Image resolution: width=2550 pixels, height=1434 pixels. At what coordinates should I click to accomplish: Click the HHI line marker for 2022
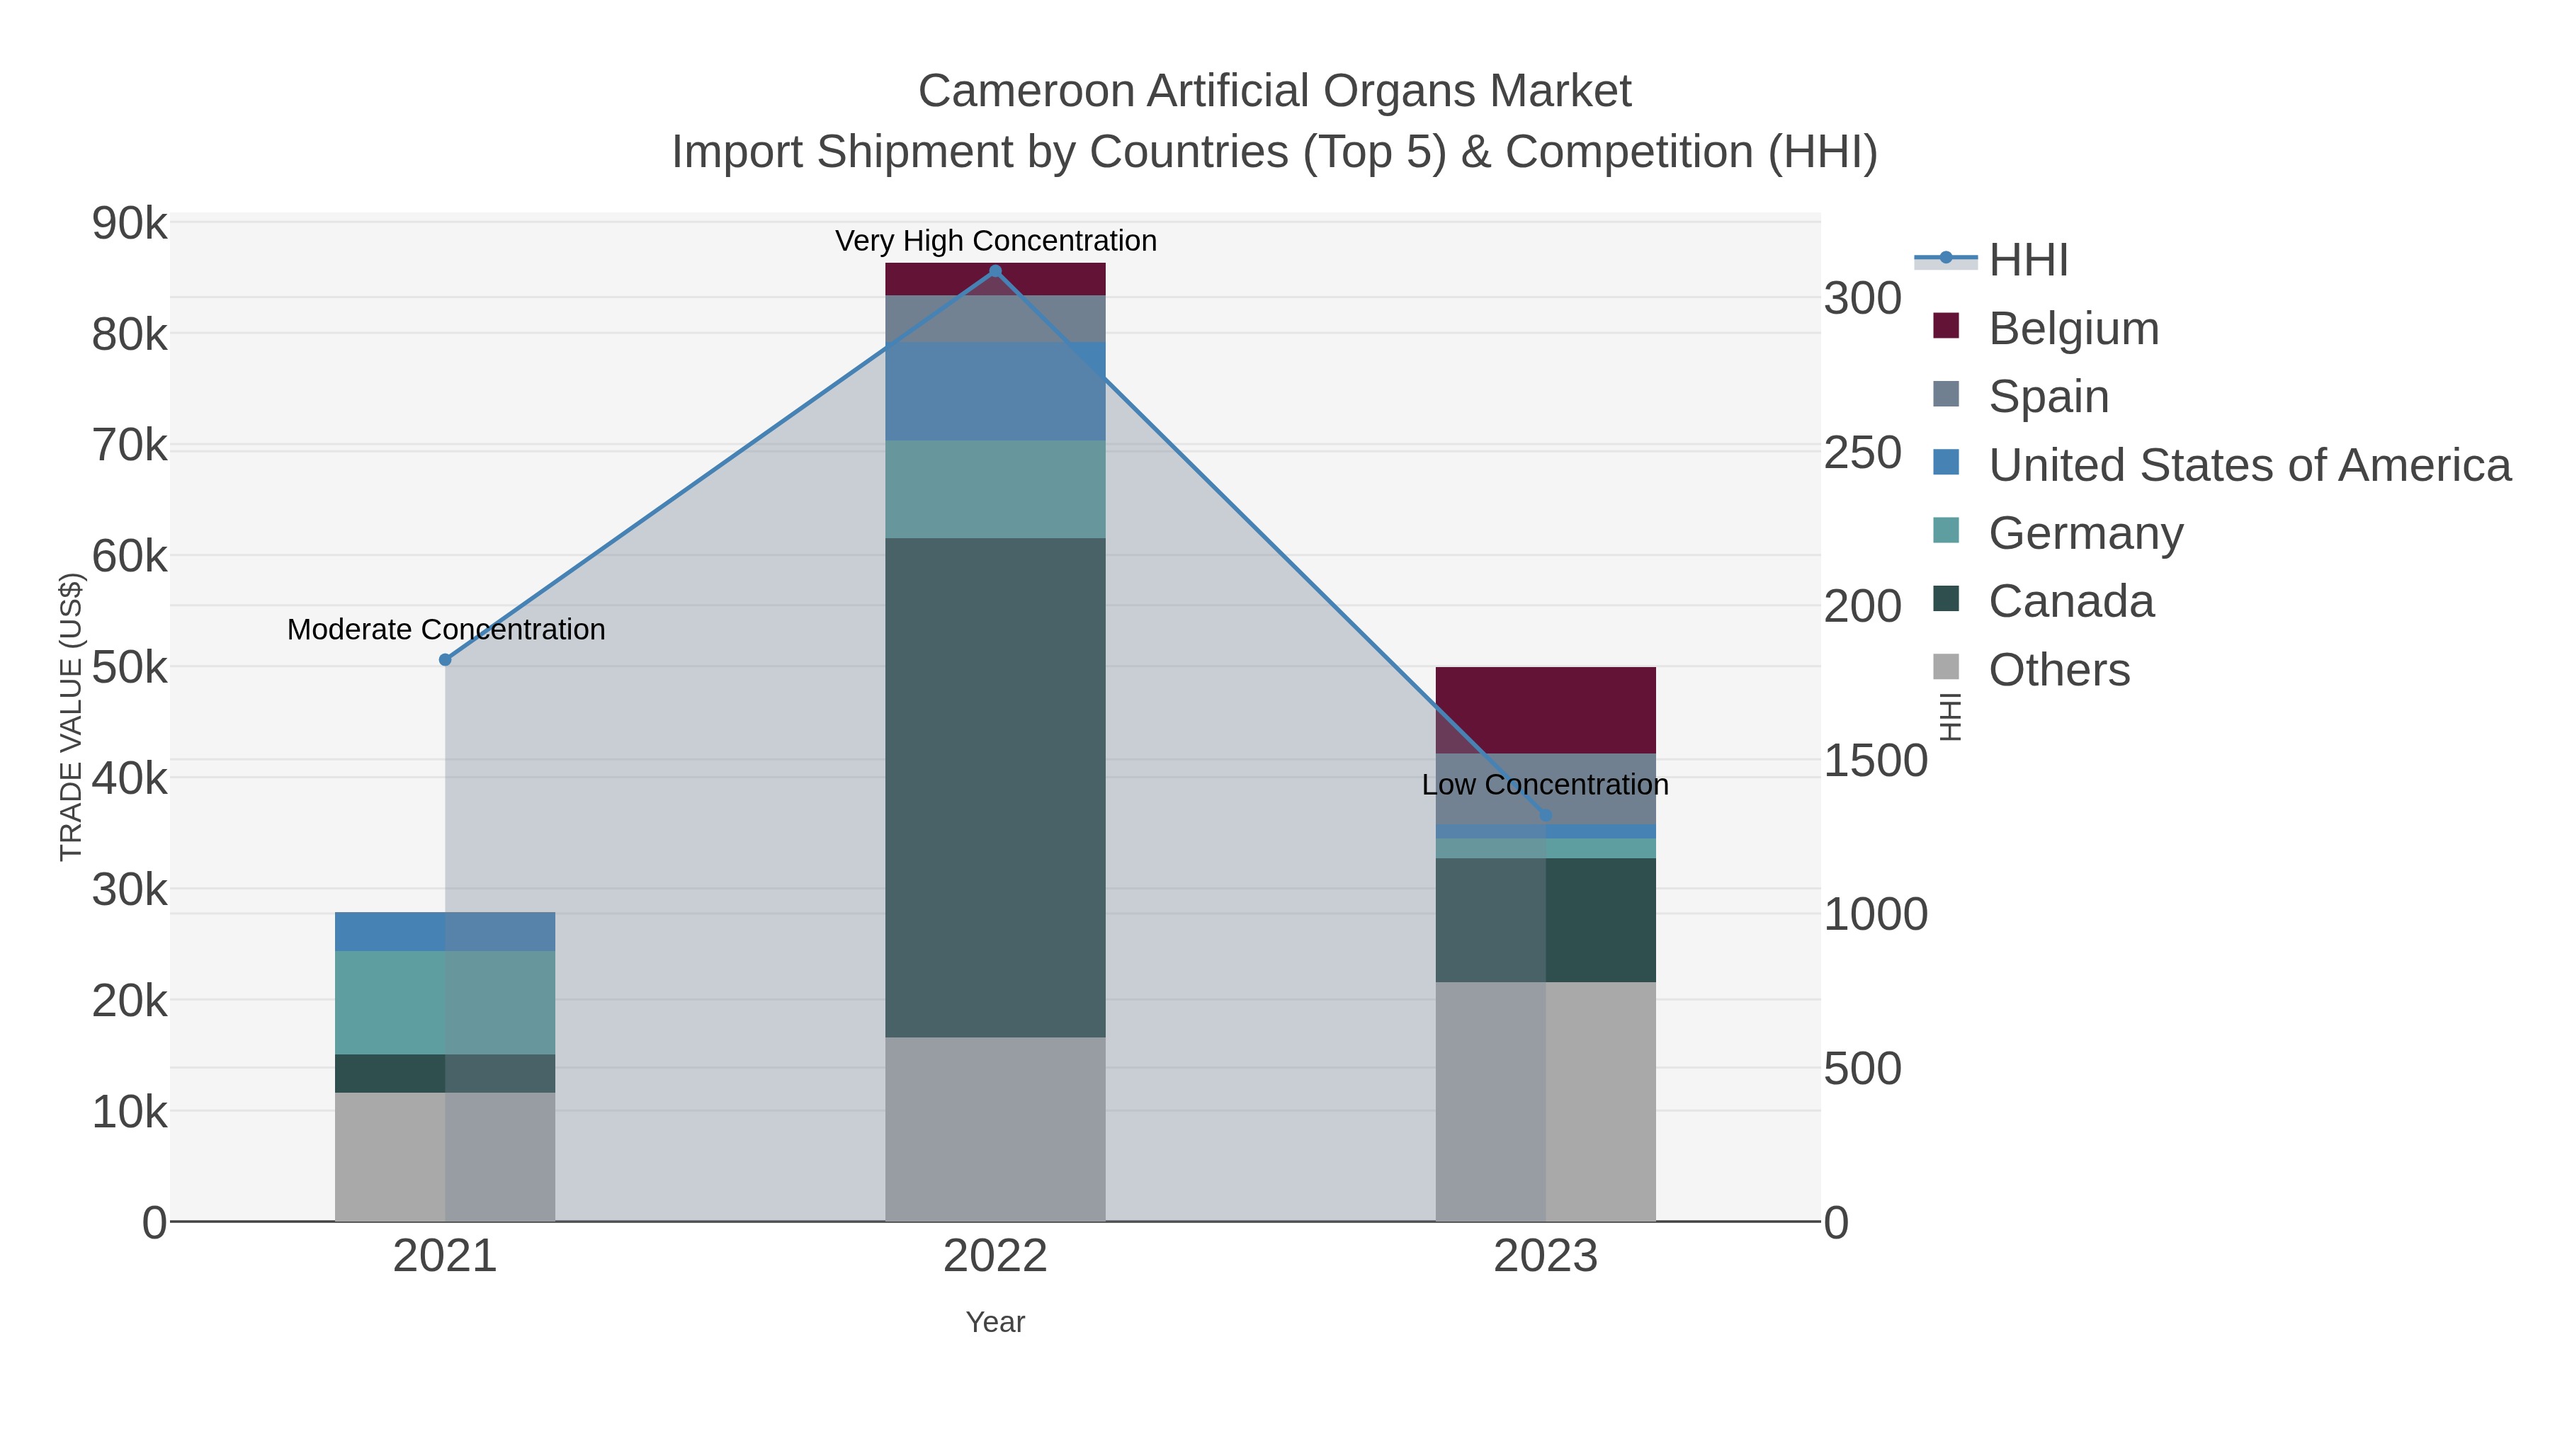(995, 271)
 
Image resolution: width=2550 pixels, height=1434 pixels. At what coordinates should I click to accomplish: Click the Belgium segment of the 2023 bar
(1546, 710)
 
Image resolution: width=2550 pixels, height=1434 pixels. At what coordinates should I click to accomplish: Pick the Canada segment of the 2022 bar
(995, 787)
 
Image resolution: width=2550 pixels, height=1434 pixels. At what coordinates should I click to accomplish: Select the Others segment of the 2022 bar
(995, 1129)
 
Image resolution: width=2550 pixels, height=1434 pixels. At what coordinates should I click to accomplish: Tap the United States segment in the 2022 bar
(995, 391)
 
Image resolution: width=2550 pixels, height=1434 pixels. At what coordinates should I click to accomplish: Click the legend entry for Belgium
(2073, 329)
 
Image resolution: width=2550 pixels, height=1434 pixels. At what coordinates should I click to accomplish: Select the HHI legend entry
(2027, 261)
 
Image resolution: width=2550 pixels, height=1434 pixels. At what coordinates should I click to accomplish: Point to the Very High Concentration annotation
(995, 241)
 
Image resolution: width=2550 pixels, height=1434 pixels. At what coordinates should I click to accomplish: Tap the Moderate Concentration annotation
(446, 630)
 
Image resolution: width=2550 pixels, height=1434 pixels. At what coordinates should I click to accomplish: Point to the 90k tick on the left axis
(130, 224)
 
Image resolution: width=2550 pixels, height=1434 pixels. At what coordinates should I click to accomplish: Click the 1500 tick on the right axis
(1875, 761)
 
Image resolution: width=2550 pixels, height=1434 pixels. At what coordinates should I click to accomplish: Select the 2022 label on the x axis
(995, 1257)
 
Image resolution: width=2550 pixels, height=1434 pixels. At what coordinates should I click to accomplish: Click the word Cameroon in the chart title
(1024, 91)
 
